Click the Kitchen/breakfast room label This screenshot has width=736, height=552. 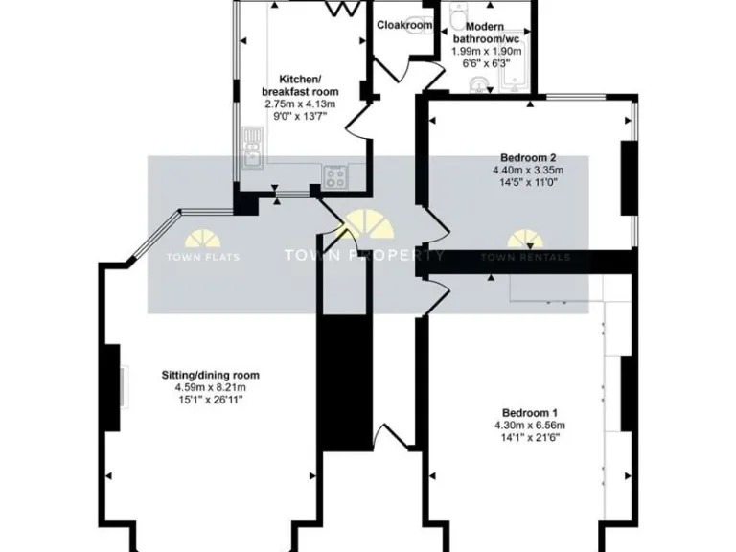pyautogui.click(x=299, y=84)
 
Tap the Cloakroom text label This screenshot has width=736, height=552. pyautogui.click(x=402, y=25)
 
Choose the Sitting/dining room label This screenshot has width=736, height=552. pyautogui.click(x=210, y=375)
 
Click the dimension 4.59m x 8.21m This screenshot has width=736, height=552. pyautogui.click(x=210, y=387)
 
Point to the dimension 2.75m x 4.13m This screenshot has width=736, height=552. pyautogui.click(x=299, y=103)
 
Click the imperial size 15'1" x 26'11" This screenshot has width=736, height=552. pyautogui.click(x=210, y=399)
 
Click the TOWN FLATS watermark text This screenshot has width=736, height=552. pyautogui.click(x=203, y=257)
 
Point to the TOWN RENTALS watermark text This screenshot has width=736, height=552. pyautogui.click(x=525, y=257)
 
